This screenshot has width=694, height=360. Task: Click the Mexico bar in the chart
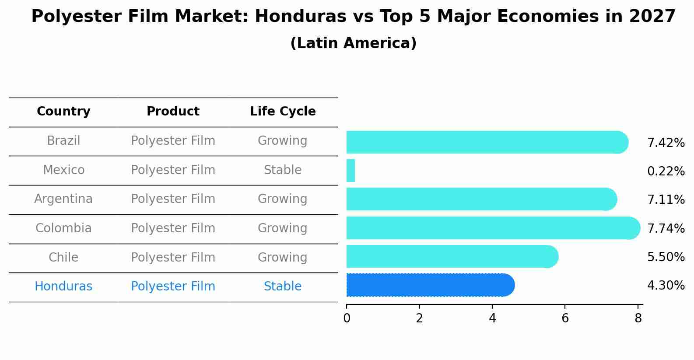tap(351, 171)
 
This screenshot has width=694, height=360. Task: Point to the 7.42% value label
tap(666, 143)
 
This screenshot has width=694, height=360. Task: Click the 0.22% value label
tap(666, 171)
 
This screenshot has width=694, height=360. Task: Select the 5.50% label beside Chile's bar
tap(666, 257)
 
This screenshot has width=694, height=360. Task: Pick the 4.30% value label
tap(666, 286)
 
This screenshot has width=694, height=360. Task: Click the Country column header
tap(63, 112)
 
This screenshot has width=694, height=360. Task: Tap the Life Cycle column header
tap(283, 112)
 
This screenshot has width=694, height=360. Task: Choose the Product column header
tap(173, 112)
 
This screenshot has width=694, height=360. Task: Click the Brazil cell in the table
tap(63, 141)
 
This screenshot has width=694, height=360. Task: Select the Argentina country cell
tap(63, 199)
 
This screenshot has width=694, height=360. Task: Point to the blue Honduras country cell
tap(63, 287)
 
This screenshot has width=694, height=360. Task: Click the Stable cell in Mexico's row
tap(283, 170)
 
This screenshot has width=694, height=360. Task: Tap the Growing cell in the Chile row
tap(283, 258)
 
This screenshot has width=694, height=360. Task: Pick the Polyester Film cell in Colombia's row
tap(173, 228)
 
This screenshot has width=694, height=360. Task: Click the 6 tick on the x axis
tap(565, 318)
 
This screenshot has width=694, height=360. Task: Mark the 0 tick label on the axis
tap(347, 318)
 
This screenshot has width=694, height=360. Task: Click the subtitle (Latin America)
tap(353, 43)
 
